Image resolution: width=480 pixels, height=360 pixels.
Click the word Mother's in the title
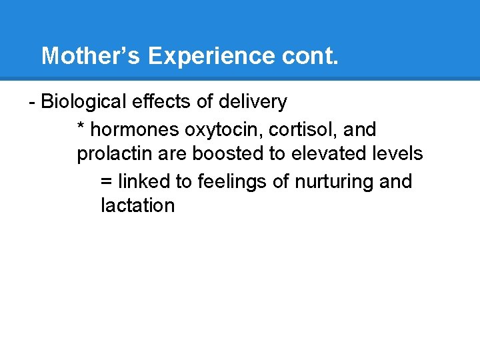click(91, 56)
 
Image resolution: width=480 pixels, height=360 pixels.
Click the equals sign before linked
click(106, 181)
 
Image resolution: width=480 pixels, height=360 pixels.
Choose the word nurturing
click(335, 181)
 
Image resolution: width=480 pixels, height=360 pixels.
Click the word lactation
click(137, 205)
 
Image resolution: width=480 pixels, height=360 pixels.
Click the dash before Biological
click(32, 103)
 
